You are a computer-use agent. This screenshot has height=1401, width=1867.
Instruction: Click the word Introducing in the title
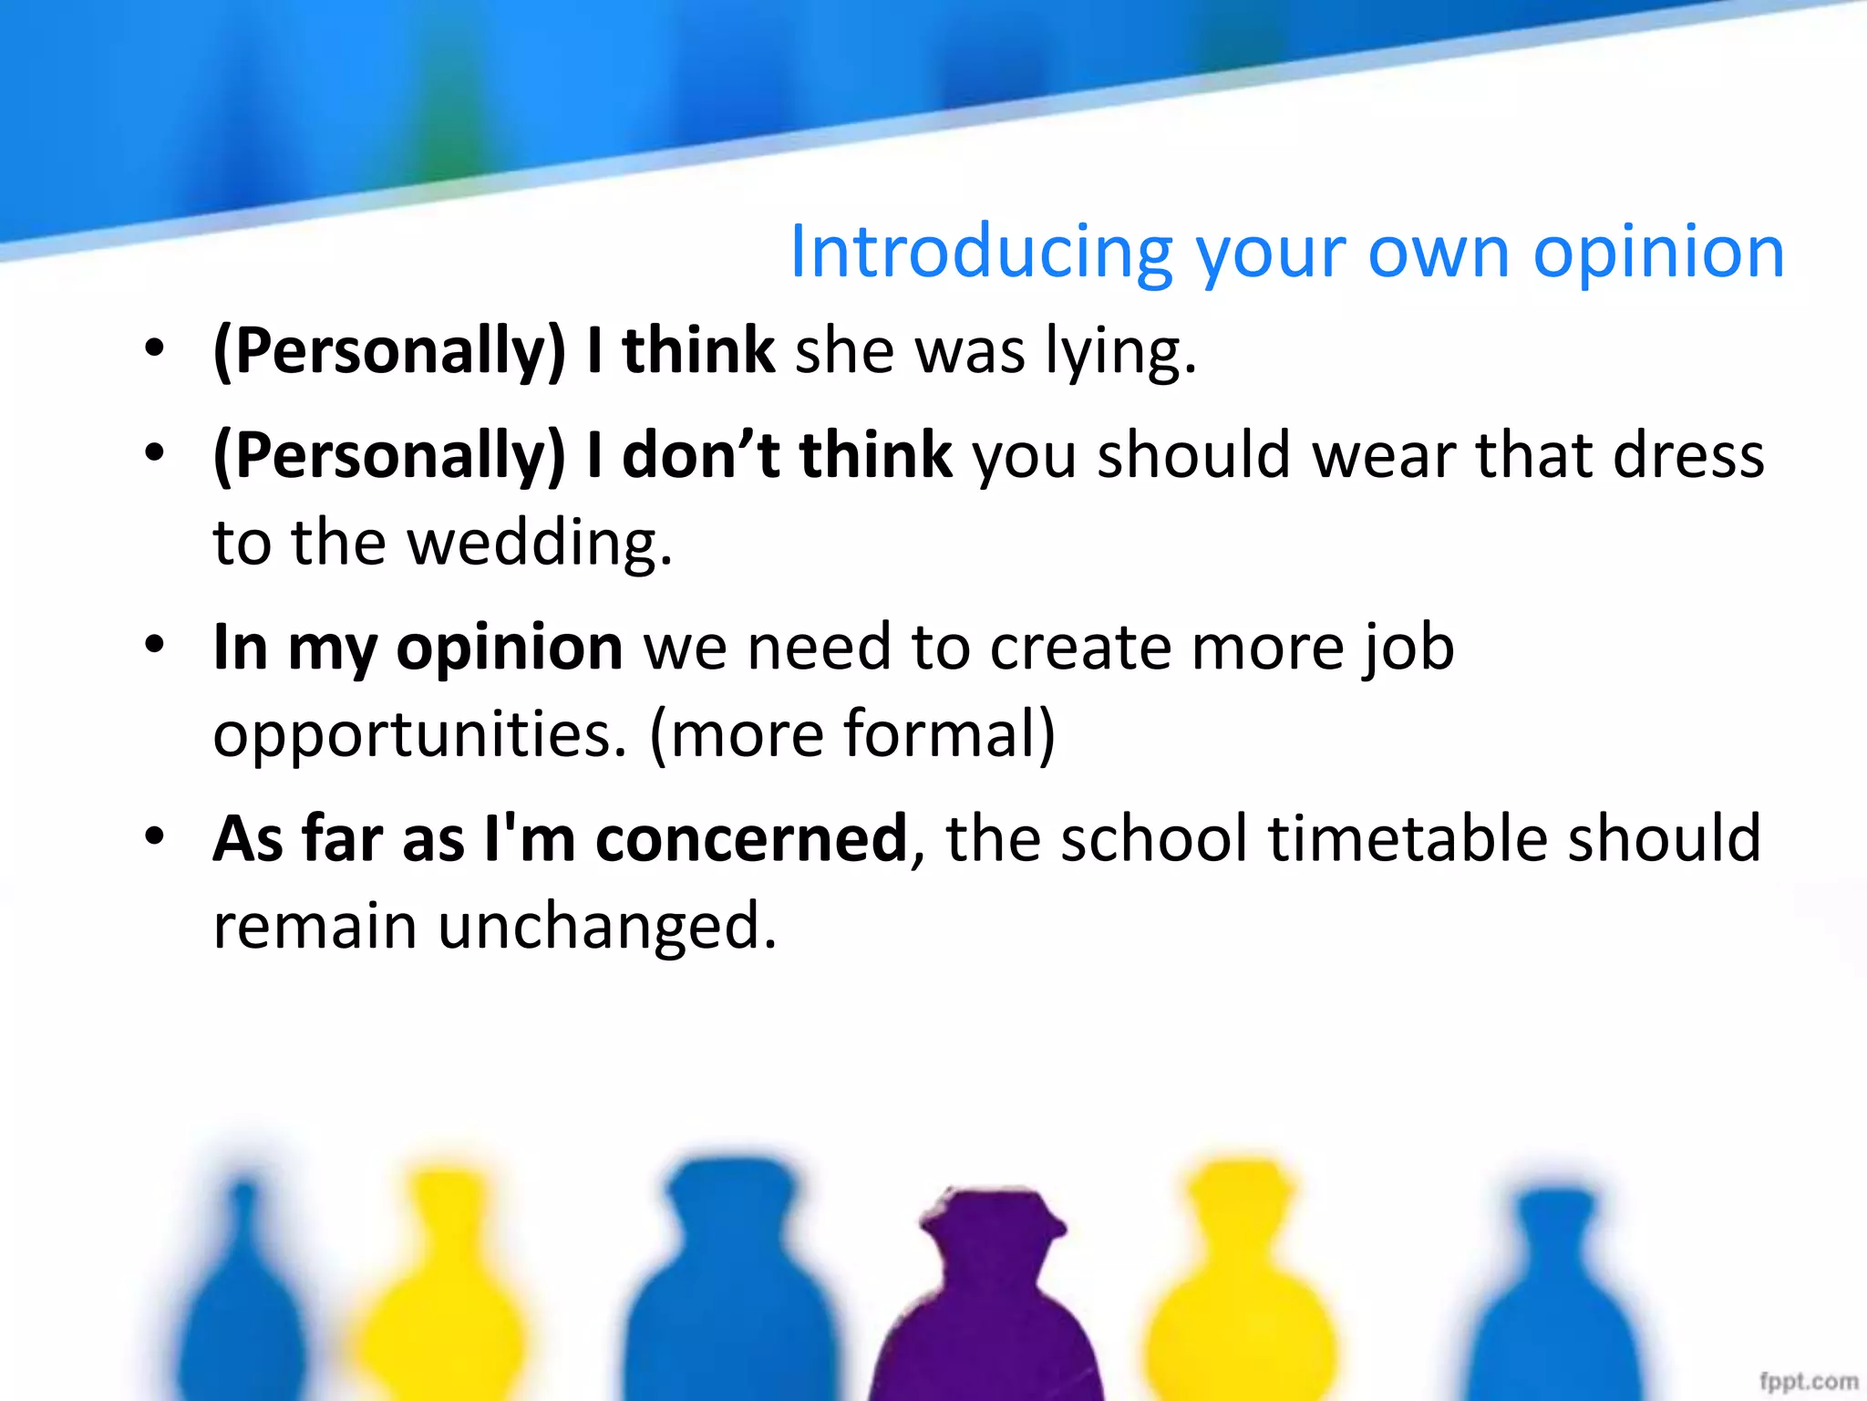(x=981, y=253)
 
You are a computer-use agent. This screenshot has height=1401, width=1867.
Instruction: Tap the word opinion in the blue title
(x=1658, y=253)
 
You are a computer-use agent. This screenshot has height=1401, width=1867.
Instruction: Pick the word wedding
(x=538, y=544)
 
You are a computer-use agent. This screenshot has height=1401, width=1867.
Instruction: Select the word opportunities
(x=420, y=735)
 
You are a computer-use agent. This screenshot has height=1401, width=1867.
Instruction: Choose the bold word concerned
(x=751, y=839)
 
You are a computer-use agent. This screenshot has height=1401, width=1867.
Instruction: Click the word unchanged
(x=607, y=927)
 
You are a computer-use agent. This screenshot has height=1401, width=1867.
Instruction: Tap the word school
(x=1154, y=839)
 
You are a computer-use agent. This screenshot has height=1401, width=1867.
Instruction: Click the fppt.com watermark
(x=1809, y=1381)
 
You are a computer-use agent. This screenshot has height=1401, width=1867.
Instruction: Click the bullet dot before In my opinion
(x=155, y=645)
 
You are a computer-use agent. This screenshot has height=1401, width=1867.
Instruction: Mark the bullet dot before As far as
(x=155, y=836)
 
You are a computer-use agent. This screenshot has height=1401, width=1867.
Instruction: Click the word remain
(x=315, y=927)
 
